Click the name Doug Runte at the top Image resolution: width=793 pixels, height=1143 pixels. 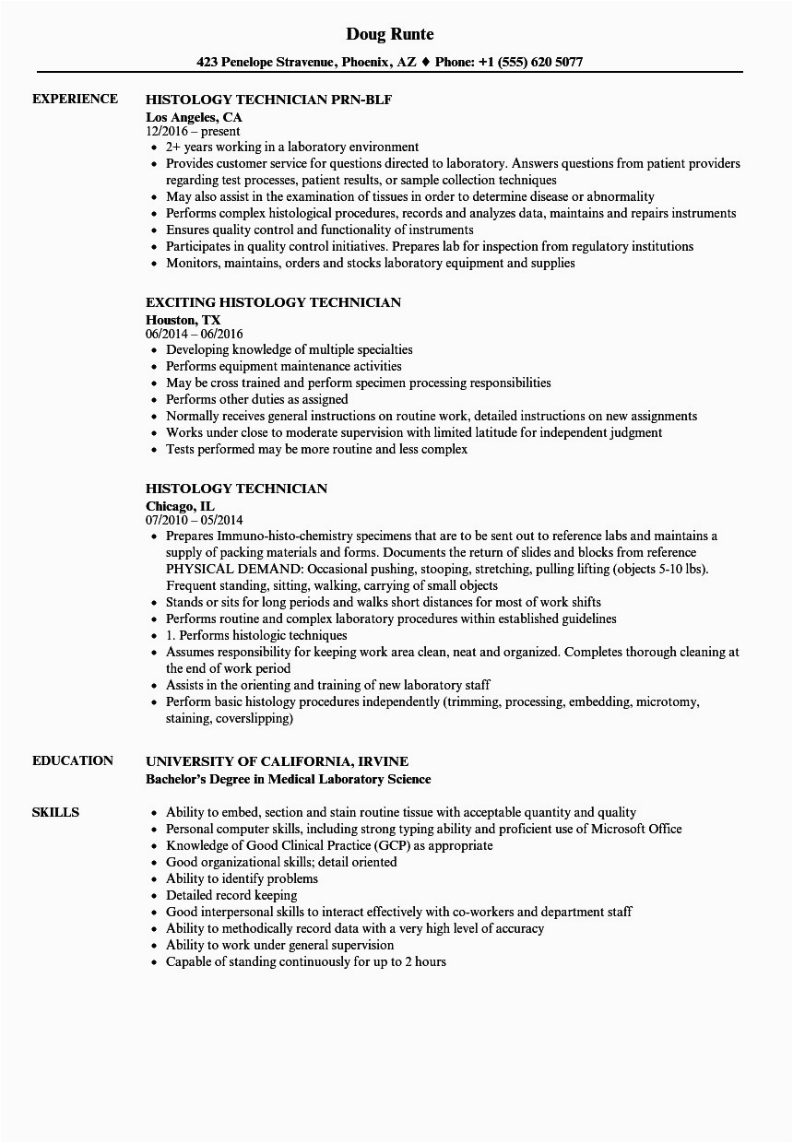pyautogui.click(x=390, y=34)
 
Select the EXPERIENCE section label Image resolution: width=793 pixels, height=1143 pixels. pyautogui.click(x=75, y=99)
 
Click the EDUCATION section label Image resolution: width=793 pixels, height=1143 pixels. pyautogui.click(x=73, y=760)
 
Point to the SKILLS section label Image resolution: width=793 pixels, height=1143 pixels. pyautogui.click(x=55, y=812)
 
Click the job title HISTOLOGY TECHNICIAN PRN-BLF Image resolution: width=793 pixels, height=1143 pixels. pyautogui.click(x=275, y=100)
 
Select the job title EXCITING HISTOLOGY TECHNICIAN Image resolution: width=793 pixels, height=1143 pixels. pyautogui.click(x=273, y=302)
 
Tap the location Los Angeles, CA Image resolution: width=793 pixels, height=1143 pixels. pyautogui.click(x=193, y=117)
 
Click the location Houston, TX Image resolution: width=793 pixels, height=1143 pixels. pyautogui.click(x=183, y=320)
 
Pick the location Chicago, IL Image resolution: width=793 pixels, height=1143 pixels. pyautogui.click(x=180, y=506)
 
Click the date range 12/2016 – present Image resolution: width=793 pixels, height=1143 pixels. pyautogui.click(x=193, y=132)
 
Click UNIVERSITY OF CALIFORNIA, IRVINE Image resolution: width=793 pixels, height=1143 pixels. pyautogui.click(x=277, y=761)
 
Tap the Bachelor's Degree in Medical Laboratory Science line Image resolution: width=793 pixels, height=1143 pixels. pyautogui.click(x=288, y=779)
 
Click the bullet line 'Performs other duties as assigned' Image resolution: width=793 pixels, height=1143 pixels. pyautogui.click(x=256, y=399)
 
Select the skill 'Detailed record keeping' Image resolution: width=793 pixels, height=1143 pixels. pyautogui.click(x=231, y=895)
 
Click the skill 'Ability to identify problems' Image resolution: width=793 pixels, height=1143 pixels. pyautogui.click(x=242, y=878)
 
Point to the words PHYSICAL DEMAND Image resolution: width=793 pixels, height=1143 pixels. pyautogui.click(x=221, y=569)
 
